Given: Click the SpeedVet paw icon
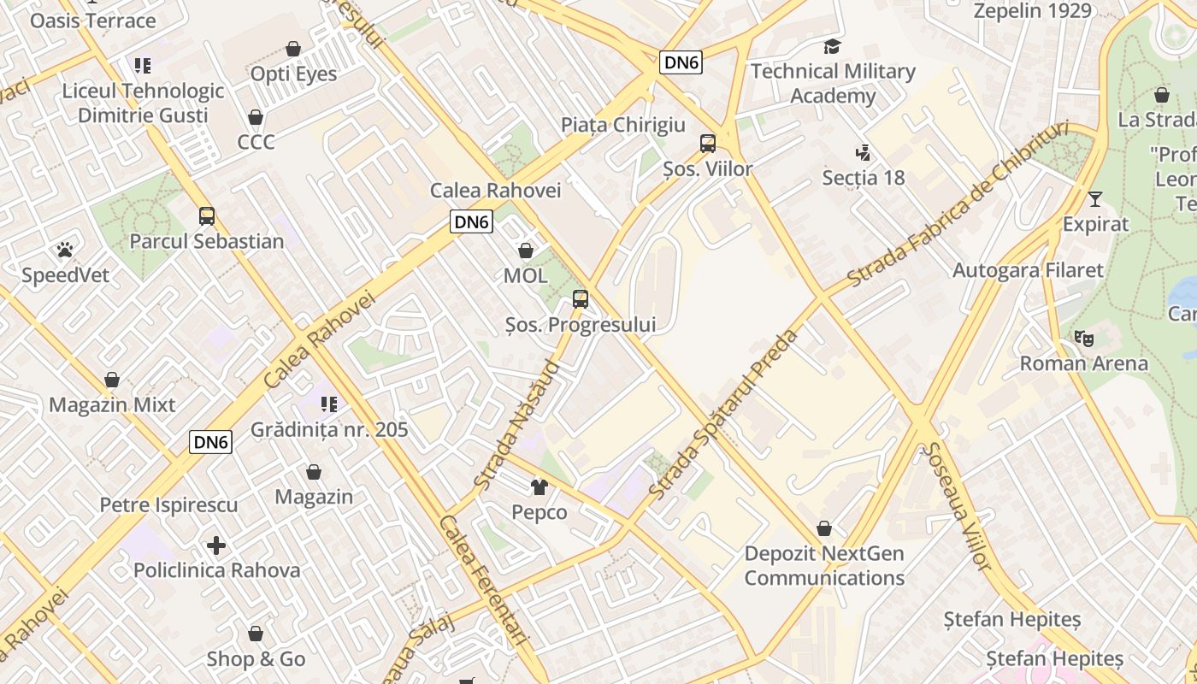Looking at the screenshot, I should click(65, 249).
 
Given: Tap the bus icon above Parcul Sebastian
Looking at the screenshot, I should click(207, 215).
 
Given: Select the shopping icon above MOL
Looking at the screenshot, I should click(526, 251).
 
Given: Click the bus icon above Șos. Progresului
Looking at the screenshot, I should click(581, 298).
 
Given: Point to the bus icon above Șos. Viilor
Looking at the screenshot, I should click(708, 143).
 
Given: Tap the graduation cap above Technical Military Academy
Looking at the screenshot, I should click(832, 46).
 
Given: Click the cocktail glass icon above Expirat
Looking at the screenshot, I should click(1094, 198).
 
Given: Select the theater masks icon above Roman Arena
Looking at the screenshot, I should click(1084, 338).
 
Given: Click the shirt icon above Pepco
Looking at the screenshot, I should click(539, 486).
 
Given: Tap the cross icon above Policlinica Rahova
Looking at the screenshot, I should click(216, 545).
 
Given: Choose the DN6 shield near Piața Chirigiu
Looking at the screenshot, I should click(681, 62).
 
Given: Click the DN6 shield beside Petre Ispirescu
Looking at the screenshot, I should click(210, 442).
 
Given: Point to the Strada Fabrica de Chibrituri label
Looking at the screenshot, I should click(958, 203).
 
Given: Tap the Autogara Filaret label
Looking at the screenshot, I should click(1028, 270).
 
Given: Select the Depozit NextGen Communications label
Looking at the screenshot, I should click(824, 565).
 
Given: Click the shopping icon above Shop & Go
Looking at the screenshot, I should click(255, 634).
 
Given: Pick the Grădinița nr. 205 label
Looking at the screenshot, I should click(329, 429).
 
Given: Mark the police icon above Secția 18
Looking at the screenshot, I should click(863, 153).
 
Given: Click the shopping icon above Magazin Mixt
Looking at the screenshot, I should click(112, 380).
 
